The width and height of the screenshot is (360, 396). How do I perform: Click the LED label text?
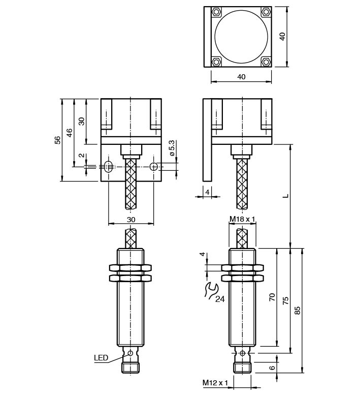101,358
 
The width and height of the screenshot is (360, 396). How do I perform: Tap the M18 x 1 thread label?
242,219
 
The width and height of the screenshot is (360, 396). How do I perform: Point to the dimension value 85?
298,310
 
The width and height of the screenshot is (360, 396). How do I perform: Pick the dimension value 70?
272,298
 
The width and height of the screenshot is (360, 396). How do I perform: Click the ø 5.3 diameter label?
172,147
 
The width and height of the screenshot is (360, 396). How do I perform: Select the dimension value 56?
58,139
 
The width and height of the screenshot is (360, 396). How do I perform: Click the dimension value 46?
70,134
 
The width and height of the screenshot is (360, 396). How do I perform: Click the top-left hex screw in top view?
217,11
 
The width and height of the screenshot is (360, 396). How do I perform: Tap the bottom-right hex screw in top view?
266,62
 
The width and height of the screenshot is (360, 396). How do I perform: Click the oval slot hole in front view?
108,166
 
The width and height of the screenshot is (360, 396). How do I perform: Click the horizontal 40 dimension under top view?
241,77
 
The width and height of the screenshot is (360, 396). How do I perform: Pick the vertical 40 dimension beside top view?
283,36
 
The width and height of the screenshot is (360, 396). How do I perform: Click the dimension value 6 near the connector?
272,368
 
